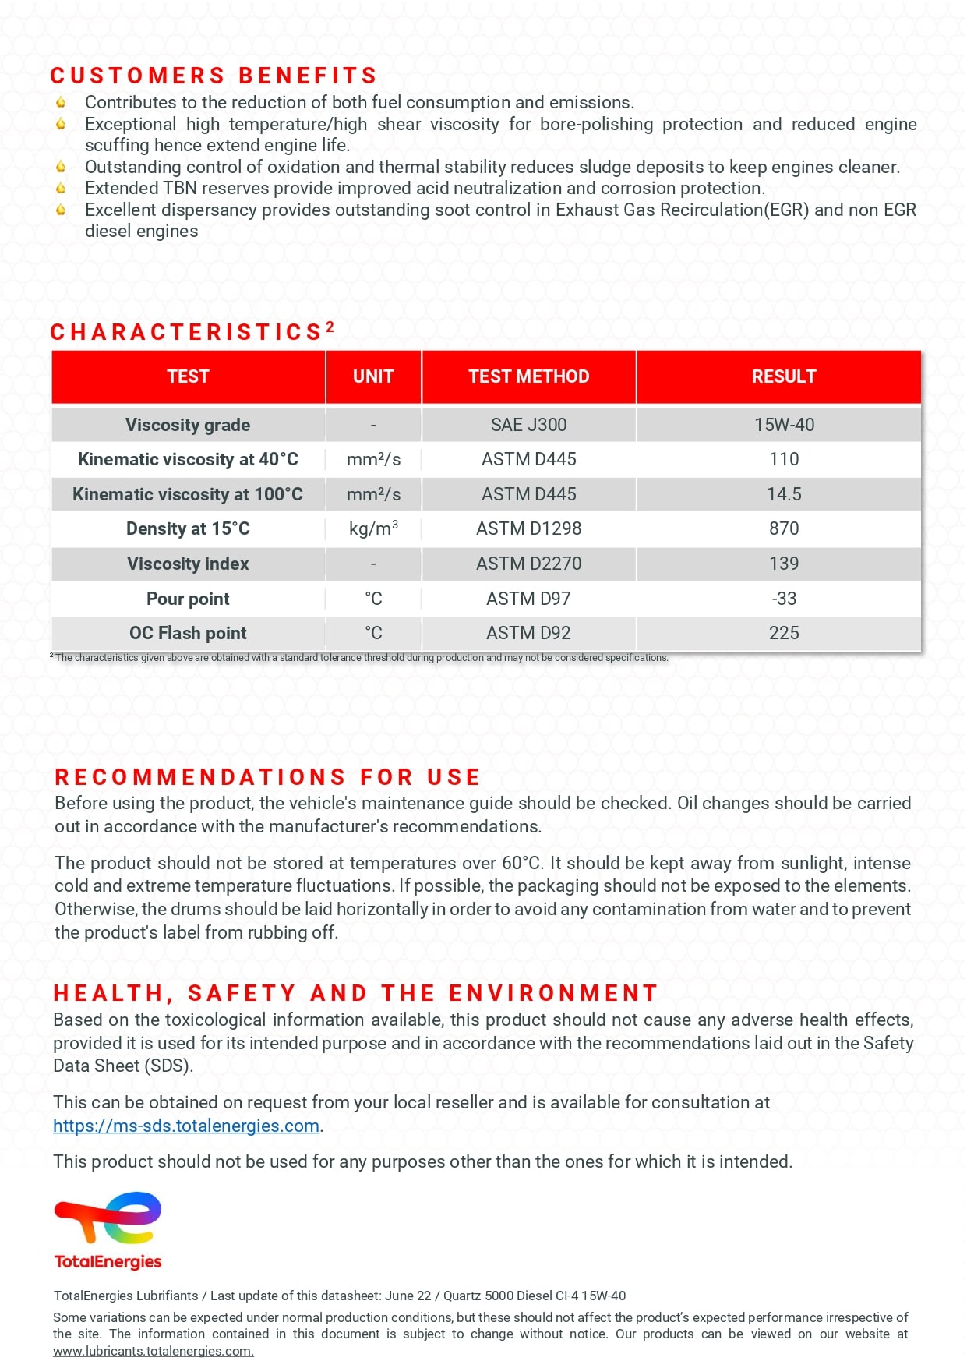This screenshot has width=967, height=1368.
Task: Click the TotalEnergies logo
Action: [x=108, y=1229]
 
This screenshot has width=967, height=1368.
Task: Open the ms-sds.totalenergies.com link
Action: [x=186, y=1126]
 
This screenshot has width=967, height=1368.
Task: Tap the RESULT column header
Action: [x=783, y=376]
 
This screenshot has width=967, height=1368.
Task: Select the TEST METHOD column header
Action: [x=528, y=376]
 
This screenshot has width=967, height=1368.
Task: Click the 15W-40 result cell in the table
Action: [x=784, y=425]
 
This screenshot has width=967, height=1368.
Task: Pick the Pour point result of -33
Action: [x=784, y=599]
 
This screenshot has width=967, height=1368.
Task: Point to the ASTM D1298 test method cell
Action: [x=528, y=528]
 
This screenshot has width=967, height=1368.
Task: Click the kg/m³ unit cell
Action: [x=373, y=528]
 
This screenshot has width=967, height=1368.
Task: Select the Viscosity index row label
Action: [x=188, y=564]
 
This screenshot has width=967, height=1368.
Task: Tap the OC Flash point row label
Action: [x=188, y=633]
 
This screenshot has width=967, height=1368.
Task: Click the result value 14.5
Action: [x=784, y=494]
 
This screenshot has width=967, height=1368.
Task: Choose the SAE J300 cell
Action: [x=528, y=425]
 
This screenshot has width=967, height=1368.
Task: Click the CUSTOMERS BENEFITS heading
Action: [x=214, y=76]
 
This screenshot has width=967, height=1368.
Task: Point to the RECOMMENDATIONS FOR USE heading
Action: [x=267, y=777]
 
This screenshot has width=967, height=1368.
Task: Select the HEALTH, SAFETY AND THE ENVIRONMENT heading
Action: [x=355, y=993]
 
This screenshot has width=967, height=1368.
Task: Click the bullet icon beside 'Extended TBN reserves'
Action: [x=61, y=188]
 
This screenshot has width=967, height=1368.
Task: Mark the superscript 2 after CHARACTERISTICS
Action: [x=330, y=327]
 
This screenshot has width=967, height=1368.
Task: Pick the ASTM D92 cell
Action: [x=528, y=633]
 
